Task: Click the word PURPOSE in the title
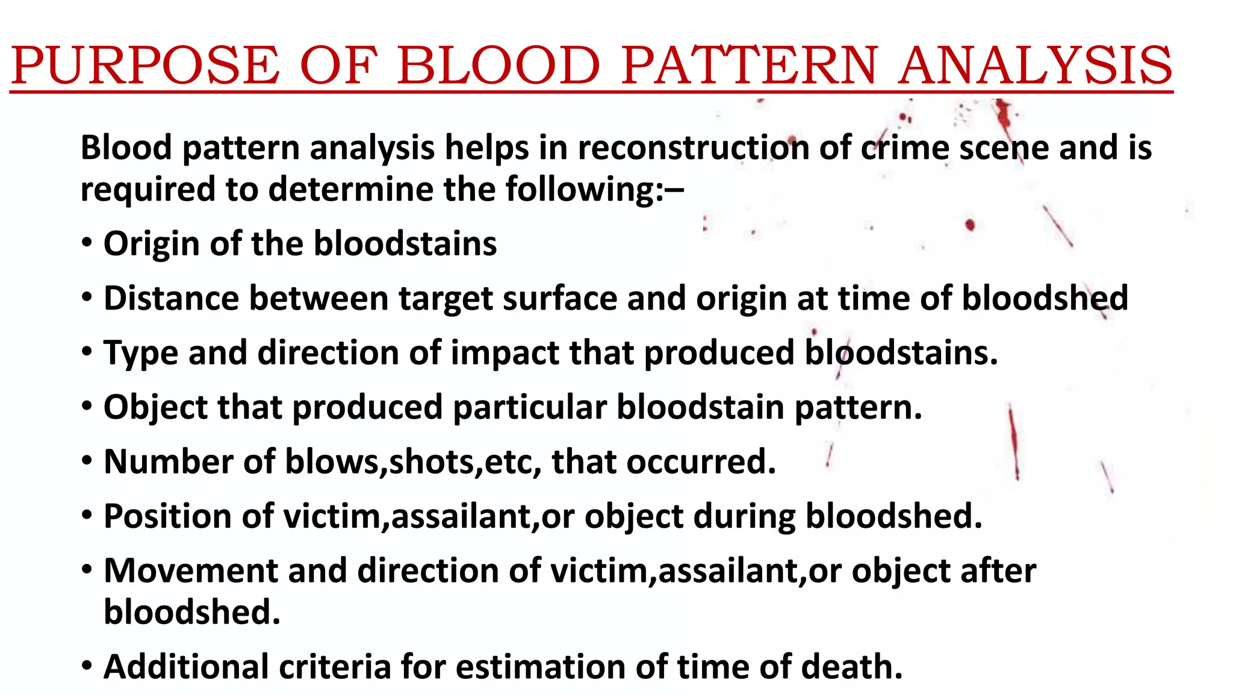pyautogui.click(x=145, y=66)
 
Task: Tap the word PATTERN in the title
pyautogui.click(x=749, y=66)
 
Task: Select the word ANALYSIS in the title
pyautogui.click(x=1035, y=66)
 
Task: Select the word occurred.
pyautogui.click(x=701, y=462)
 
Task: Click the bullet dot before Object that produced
pyautogui.click(x=88, y=407)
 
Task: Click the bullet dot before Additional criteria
pyautogui.click(x=88, y=666)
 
